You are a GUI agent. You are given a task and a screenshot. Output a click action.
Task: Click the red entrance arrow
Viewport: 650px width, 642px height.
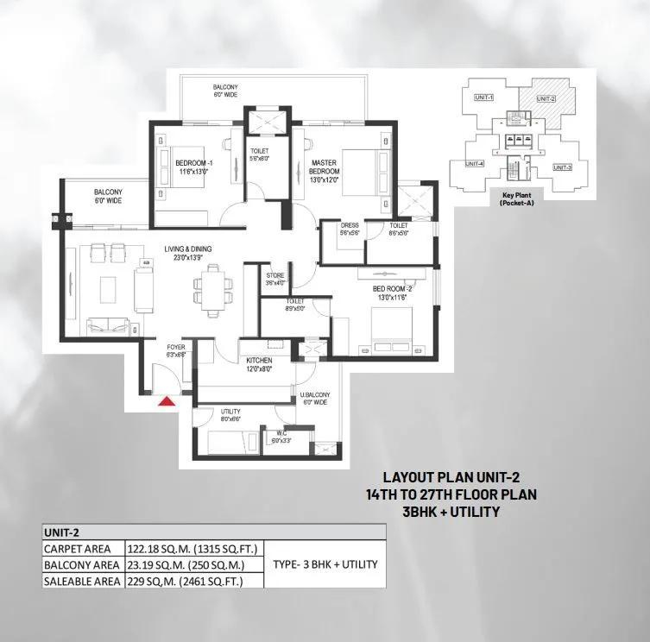click(x=167, y=400)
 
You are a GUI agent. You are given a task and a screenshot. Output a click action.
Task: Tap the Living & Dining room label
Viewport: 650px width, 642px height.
click(x=188, y=254)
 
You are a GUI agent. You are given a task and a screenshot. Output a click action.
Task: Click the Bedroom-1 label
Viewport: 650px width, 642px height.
click(x=193, y=167)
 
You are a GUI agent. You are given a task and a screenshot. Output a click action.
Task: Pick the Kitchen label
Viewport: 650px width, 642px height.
click(x=259, y=364)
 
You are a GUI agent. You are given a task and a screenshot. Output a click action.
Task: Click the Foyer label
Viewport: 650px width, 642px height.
click(x=176, y=350)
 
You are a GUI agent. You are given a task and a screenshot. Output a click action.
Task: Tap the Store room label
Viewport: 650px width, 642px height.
click(x=275, y=280)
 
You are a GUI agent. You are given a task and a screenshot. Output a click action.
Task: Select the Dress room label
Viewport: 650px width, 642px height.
click(x=350, y=229)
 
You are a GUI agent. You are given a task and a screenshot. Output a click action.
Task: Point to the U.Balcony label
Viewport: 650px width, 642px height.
click(x=315, y=399)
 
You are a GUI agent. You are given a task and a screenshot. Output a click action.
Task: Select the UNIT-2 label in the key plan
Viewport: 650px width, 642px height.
click(x=546, y=99)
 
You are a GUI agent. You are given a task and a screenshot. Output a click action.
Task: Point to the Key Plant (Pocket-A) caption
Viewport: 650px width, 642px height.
click(x=519, y=198)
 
